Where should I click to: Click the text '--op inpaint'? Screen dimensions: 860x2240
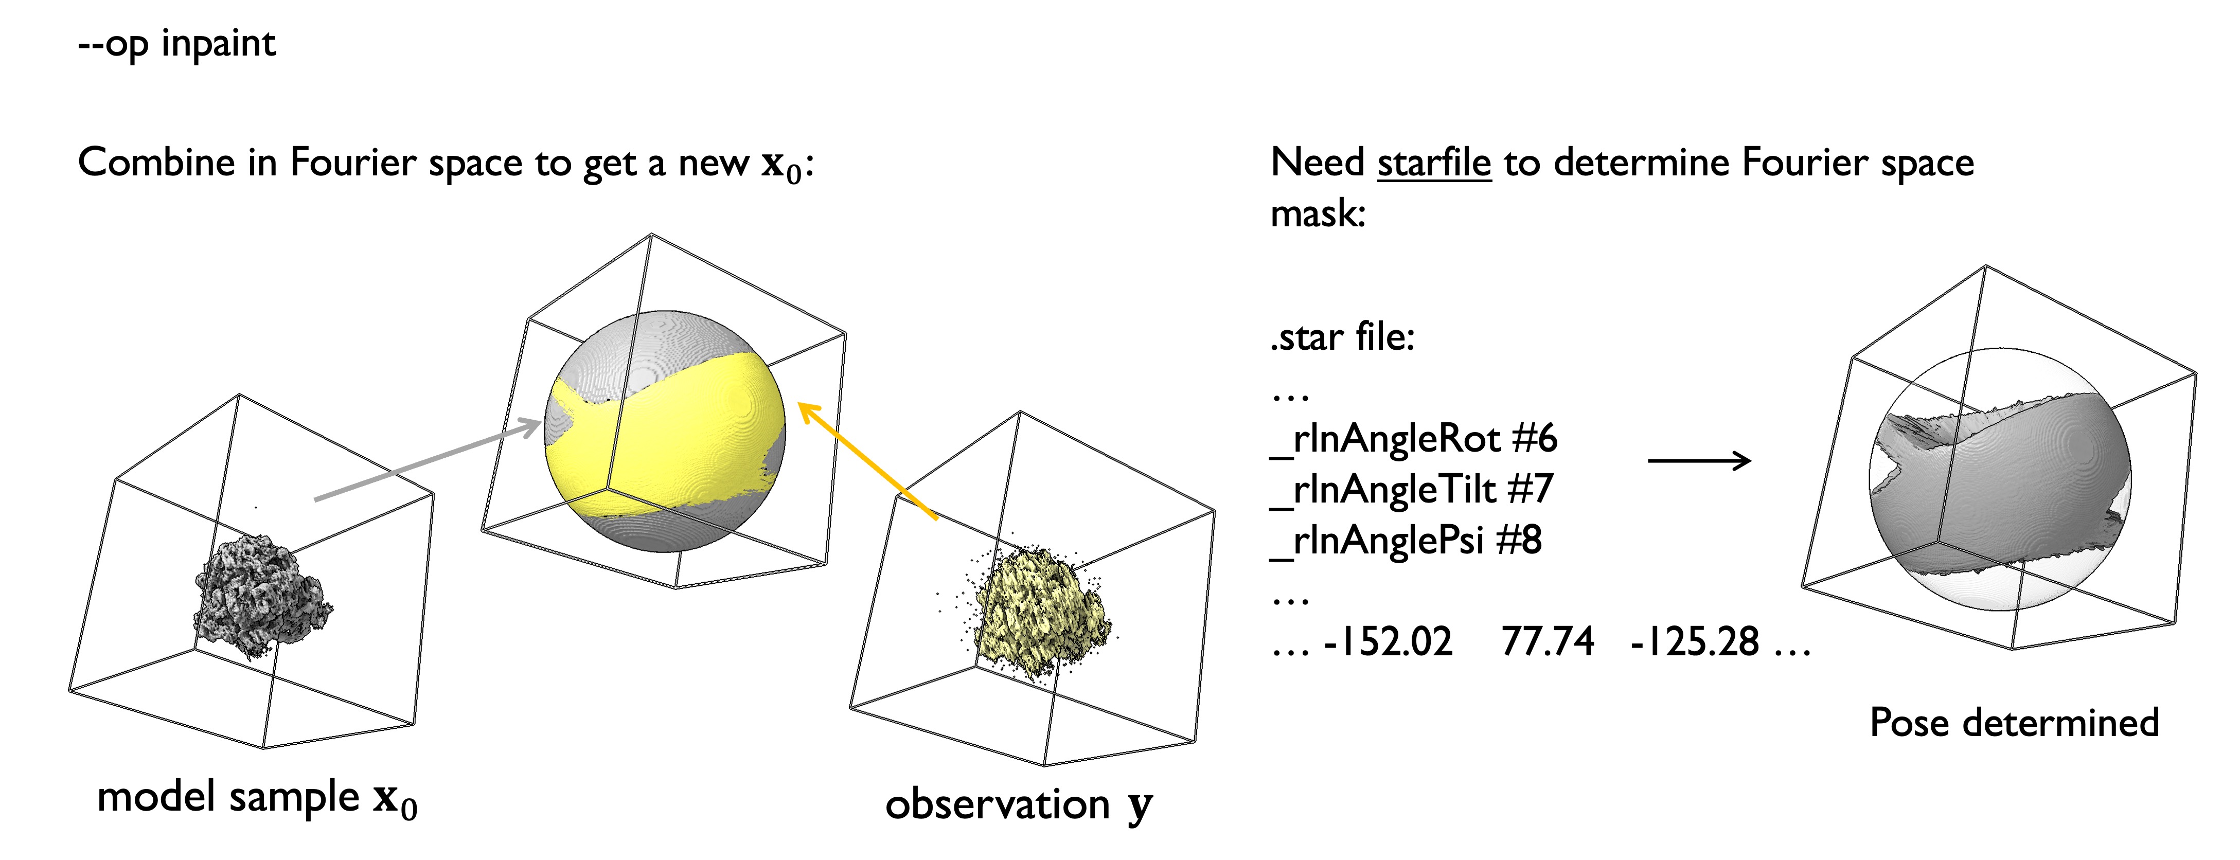pos(176,44)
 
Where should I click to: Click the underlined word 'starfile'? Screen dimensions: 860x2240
pos(1434,163)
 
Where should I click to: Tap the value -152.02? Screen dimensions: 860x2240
pos(1388,642)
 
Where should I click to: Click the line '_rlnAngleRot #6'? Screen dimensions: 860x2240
pos(1413,438)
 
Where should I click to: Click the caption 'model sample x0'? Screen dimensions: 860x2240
pos(257,798)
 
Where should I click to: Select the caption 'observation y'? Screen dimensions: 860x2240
pos(1018,804)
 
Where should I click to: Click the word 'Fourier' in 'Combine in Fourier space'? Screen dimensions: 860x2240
pos(352,163)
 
